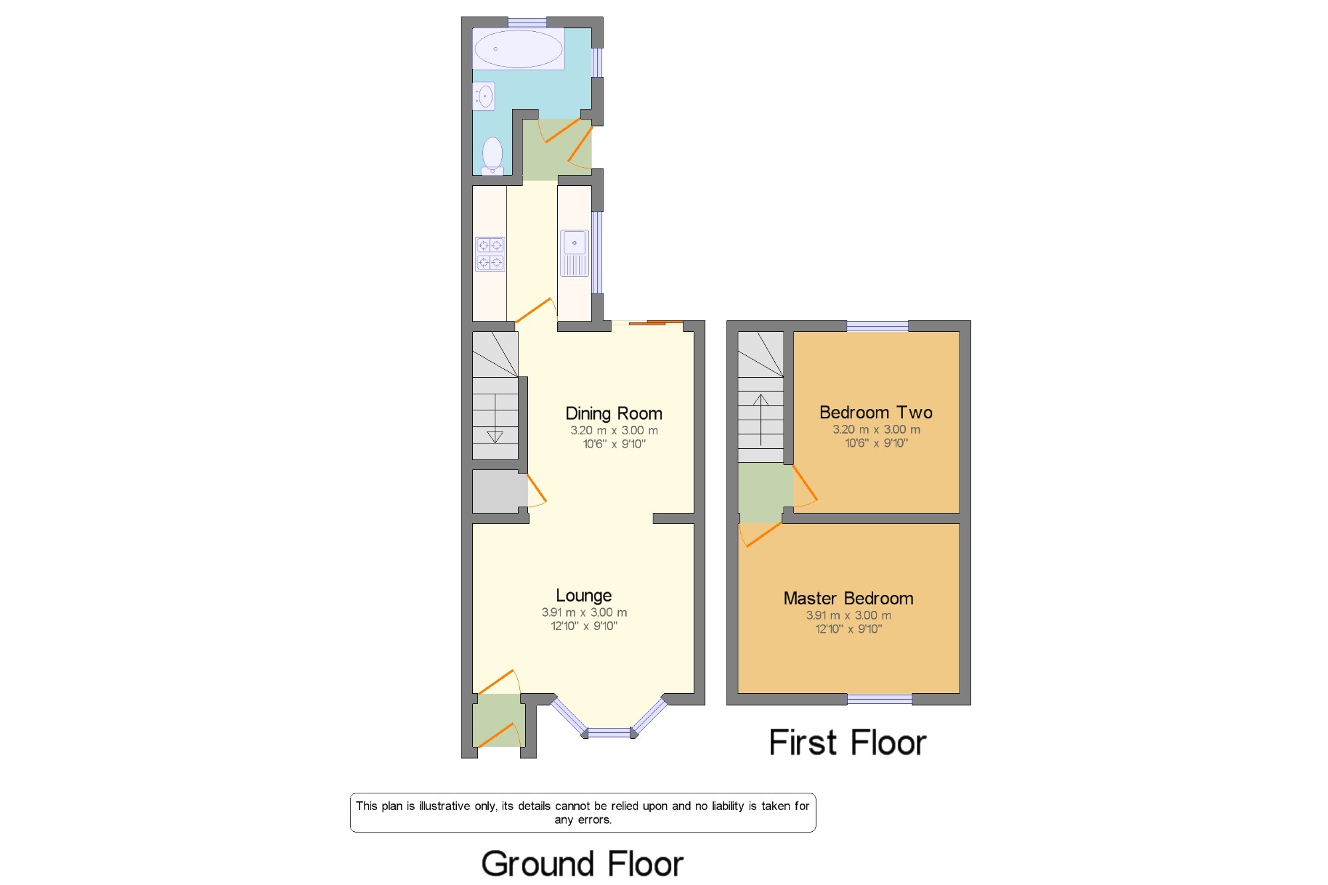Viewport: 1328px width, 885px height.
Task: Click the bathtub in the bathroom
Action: tap(518, 48)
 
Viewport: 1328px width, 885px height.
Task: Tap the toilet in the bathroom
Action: tap(492, 156)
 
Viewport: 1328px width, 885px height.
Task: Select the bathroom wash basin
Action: tap(484, 96)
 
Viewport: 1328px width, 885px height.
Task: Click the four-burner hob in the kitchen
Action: tap(490, 254)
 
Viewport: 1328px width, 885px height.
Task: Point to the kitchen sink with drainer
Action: tap(574, 253)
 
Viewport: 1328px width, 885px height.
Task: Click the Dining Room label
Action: tap(614, 414)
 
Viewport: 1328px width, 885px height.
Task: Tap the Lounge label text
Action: tap(584, 596)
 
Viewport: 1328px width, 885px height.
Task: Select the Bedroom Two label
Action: tap(876, 412)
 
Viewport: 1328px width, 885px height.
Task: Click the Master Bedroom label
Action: tap(849, 598)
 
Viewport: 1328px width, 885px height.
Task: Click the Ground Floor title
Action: tap(582, 864)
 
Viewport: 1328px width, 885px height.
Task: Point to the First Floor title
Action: tap(847, 742)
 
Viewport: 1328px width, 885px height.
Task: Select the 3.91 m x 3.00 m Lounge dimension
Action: tap(584, 612)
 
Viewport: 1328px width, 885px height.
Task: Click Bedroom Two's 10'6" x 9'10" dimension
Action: tap(876, 443)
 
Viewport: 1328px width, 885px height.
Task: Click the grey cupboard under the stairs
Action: tap(499, 491)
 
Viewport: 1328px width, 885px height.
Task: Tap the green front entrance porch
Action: tap(499, 720)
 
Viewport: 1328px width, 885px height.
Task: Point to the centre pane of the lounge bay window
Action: tap(609, 733)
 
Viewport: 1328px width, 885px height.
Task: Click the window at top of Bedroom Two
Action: tap(878, 326)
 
